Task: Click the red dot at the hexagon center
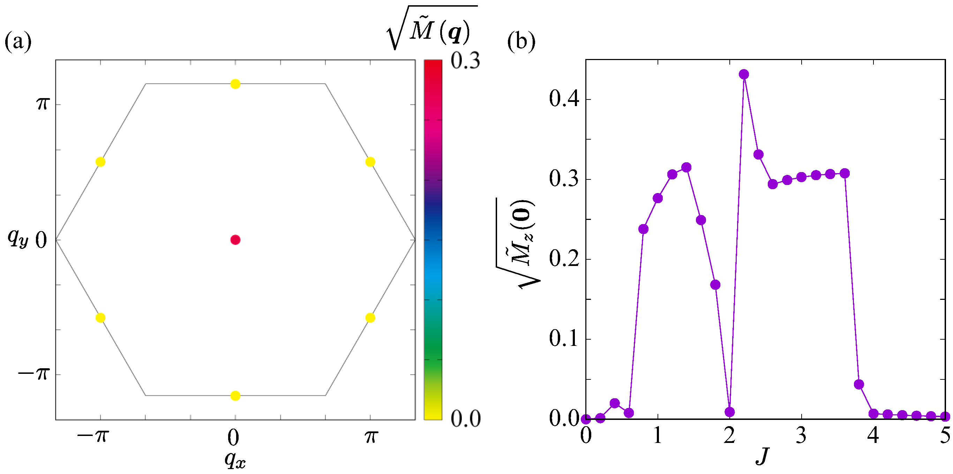(235, 240)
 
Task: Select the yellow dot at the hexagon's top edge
(235, 84)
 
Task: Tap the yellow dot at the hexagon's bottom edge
(235, 396)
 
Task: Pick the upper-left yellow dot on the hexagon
(100, 162)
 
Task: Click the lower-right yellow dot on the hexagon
(370, 318)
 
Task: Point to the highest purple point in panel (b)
(744, 74)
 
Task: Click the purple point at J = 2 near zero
(729, 412)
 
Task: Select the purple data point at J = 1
(658, 198)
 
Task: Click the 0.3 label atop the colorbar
(465, 60)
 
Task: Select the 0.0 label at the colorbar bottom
(465, 419)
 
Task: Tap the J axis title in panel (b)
(762, 456)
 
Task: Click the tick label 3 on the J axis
(801, 436)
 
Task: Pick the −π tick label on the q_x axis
(93, 436)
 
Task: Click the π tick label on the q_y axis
(43, 103)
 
